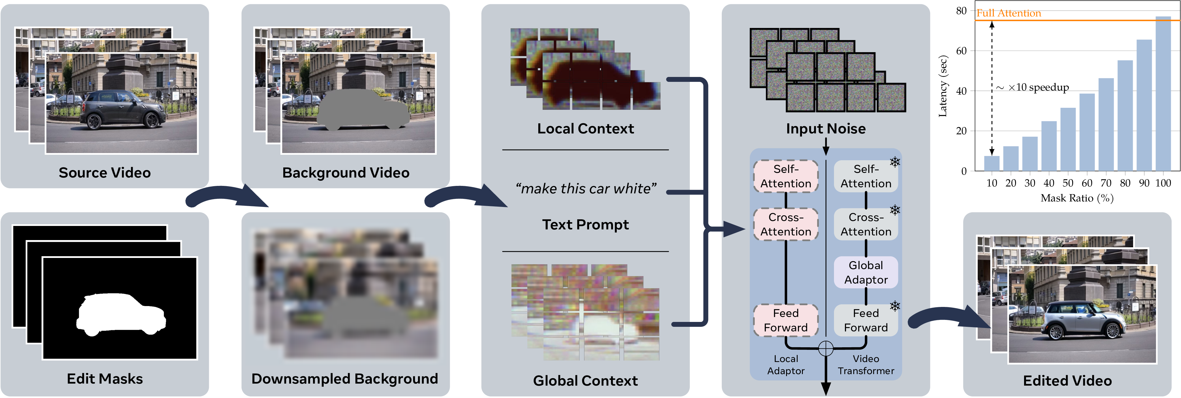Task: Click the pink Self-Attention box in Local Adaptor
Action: pyautogui.click(x=785, y=176)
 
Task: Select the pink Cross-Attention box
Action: pyautogui.click(x=785, y=225)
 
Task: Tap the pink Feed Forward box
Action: pyautogui.click(x=785, y=320)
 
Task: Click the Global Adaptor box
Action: pyautogui.click(x=866, y=273)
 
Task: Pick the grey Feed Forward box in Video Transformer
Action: pyautogui.click(x=866, y=320)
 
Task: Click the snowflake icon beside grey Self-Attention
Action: pyautogui.click(x=895, y=162)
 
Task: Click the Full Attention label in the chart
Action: pyautogui.click(x=1008, y=13)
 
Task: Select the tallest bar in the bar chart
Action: pyautogui.click(x=1163, y=94)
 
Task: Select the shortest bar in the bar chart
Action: pyautogui.click(x=992, y=163)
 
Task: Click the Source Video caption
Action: pyautogui.click(x=104, y=173)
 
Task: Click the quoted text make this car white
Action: pyautogui.click(x=586, y=189)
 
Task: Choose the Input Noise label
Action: pyautogui.click(x=826, y=129)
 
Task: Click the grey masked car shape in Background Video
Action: pyautogui.click(x=362, y=110)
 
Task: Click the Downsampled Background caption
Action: pyautogui.click(x=345, y=379)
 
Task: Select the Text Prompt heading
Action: pyautogui.click(x=586, y=225)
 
